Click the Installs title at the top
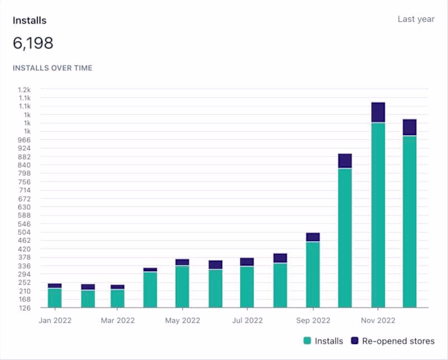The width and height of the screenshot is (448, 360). [29, 20]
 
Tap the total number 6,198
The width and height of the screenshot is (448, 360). [33, 43]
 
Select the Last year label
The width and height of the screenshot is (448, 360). [416, 19]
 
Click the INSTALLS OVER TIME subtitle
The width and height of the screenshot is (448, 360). [52, 68]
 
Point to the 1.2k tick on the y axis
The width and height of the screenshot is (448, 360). [24, 90]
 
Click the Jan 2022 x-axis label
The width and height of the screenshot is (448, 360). [55, 320]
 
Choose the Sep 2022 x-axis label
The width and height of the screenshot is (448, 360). [313, 320]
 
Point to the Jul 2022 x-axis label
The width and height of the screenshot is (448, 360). [247, 320]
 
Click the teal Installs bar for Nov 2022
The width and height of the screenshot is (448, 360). [378, 214]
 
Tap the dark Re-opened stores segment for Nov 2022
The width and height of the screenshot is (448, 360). [378, 112]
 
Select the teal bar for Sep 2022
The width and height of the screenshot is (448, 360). [313, 275]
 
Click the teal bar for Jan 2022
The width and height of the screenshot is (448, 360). [55, 298]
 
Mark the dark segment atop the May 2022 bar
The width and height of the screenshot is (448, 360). [182, 262]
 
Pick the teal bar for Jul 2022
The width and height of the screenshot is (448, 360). [247, 286]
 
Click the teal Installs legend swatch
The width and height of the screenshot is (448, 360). [307, 341]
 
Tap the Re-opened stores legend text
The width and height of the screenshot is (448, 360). [398, 341]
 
